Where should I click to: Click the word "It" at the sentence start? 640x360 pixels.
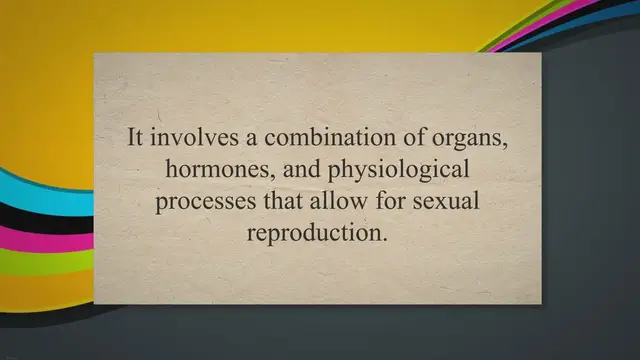pyautogui.click(x=135, y=138)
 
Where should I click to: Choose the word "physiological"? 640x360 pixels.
pyautogui.click(x=384, y=171)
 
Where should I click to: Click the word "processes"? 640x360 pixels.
pyautogui.click(x=201, y=201)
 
